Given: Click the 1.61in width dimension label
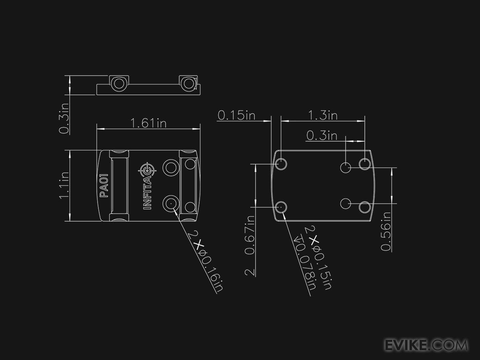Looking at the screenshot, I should [149, 123].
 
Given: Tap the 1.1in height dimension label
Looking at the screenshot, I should [64, 185].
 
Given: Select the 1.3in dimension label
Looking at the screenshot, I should [323, 115].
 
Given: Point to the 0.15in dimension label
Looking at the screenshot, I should [236, 115].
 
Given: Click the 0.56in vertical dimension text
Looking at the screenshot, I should [386, 231].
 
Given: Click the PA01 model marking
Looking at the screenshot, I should [104, 185].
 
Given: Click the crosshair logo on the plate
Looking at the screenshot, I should [147, 170].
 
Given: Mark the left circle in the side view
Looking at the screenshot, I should [118, 84].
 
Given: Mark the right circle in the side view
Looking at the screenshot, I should [187, 84].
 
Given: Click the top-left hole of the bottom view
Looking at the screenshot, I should [281, 164].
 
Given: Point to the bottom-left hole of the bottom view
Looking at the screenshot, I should [281, 207].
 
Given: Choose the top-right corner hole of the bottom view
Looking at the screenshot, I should [364, 164].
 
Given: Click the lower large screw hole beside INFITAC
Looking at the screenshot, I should [170, 203].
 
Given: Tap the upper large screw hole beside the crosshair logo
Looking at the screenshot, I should [171, 167].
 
